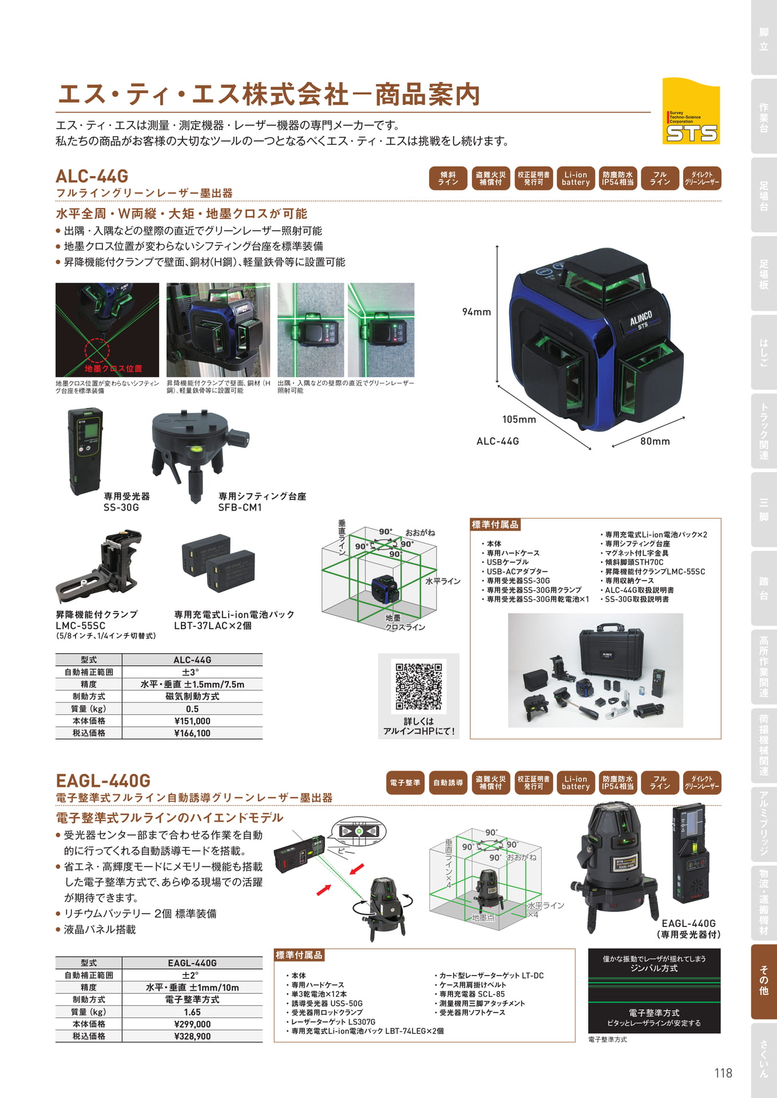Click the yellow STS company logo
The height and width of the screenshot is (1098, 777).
[x=691, y=111]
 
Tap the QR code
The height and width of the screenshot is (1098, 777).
[x=419, y=686]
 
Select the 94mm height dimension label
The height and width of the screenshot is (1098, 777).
[x=477, y=312]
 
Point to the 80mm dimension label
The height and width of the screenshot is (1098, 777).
[x=655, y=441]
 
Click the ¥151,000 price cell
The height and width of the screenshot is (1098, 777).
[x=192, y=721]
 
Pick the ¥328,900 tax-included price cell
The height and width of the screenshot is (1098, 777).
[x=192, y=1036]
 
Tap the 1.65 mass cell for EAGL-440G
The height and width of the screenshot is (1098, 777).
[x=192, y=1012]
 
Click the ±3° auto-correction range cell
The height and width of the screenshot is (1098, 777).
[x=192, y=673]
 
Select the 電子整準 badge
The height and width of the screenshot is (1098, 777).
[x=405, y=783]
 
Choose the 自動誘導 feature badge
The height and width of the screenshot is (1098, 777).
[x=448, y=783]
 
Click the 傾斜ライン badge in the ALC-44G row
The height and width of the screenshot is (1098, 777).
[x=448, y=178]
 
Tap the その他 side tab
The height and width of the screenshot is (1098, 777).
[x=763, y=981]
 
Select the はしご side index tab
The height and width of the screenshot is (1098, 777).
[x=763, y=352]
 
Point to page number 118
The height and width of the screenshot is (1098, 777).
[x=723, y=1073]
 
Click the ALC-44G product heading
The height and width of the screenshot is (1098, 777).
[x=92, y=176]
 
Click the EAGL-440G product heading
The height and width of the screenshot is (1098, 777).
[x=103, y=781]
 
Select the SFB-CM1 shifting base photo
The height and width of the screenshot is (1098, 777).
[x=197, y=452]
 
